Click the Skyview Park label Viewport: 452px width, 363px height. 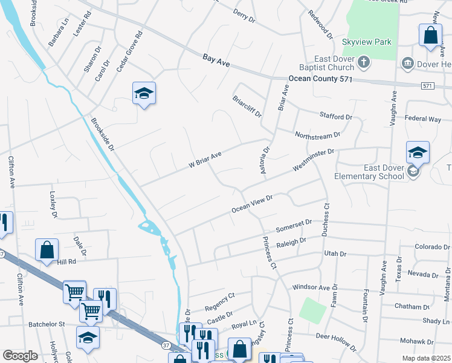[x=367, y=42]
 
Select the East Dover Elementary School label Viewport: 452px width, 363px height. [x=369, y=172]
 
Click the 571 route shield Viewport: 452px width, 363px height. [x=428, y=86]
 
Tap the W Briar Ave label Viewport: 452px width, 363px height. [x=204, y=159]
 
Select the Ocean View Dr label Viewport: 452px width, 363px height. [x=252, y=203]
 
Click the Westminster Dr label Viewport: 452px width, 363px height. [x=312, y=159]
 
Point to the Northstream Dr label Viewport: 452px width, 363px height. [x=317, y=134]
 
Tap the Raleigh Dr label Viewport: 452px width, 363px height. [x=291, y=243]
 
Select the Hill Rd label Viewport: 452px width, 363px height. [x=66, y=261]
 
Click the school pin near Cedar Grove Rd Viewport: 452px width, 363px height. [x=144, y=94]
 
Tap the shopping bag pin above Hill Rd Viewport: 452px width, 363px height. [x=47, y=250]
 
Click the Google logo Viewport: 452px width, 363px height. [x=20, y=355]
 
